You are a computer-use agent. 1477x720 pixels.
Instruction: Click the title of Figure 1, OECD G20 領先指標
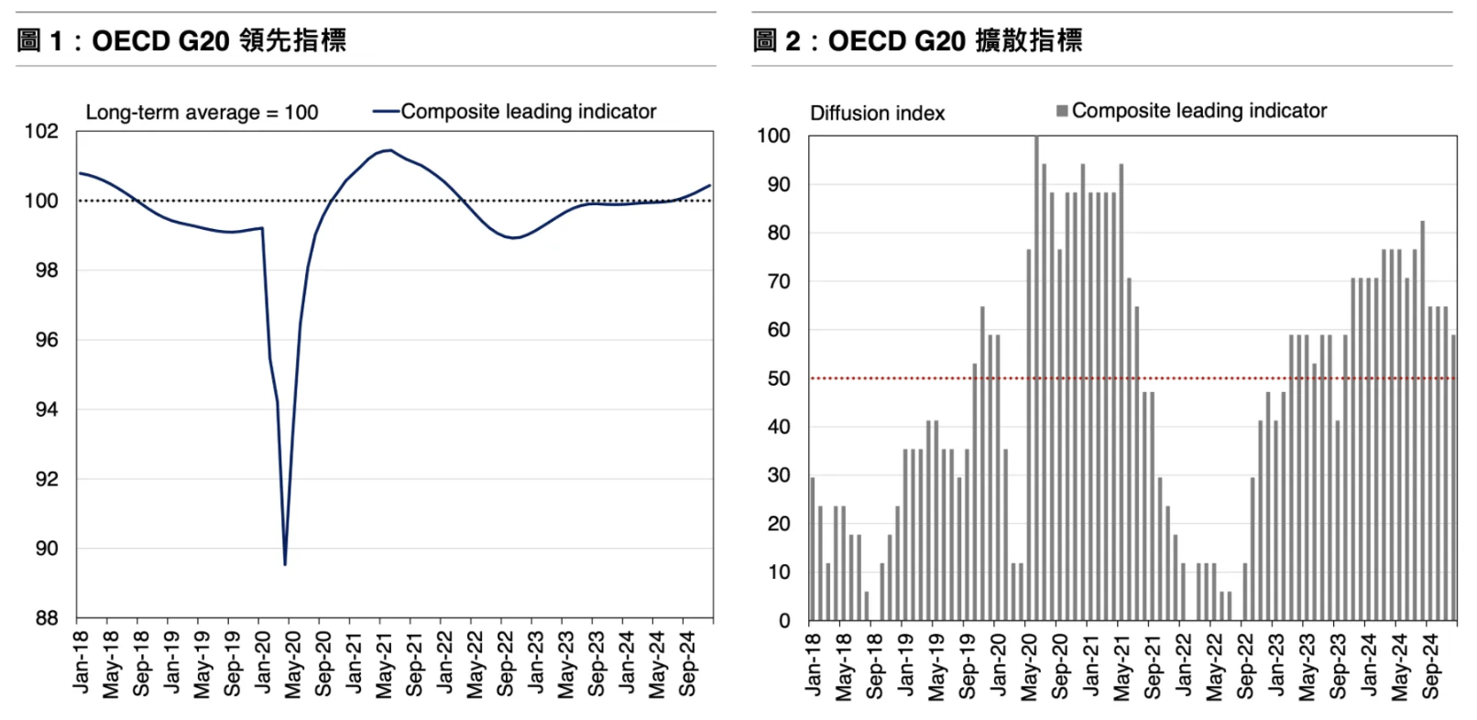click(181, 40)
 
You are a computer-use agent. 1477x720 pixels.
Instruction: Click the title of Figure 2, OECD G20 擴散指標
click(917, 40)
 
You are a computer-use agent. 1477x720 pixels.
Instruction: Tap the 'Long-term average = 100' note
click(202, 113)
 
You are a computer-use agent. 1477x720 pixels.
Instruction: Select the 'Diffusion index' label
click(877, 114)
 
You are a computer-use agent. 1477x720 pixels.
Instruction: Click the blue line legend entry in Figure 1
click(514, 112)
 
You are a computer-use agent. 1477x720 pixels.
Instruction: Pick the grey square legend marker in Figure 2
click(1062, 111)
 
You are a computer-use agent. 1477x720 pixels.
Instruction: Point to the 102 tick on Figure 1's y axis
click(41, 131)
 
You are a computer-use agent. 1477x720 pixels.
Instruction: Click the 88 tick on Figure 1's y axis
click(46, 618)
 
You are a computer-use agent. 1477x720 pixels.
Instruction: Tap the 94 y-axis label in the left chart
click(46, 409)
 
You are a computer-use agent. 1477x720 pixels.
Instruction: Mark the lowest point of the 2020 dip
click(285, 563)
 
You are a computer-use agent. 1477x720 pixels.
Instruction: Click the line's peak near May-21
click(390, 150)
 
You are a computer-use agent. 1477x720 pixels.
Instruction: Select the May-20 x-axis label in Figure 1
click(292, 664)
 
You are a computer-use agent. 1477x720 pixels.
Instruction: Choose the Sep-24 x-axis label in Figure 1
click(687, 664)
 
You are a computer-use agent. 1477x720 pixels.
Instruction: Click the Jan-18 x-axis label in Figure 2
click(814, 664)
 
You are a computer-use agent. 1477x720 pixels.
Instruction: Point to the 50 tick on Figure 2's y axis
click(779, 378)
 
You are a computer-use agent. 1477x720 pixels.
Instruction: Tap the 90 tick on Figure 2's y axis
click(779, 184)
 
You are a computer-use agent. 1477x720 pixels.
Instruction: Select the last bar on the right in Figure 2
click(1453, 476)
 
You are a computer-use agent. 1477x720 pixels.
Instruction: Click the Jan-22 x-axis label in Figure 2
click(1184, 664)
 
